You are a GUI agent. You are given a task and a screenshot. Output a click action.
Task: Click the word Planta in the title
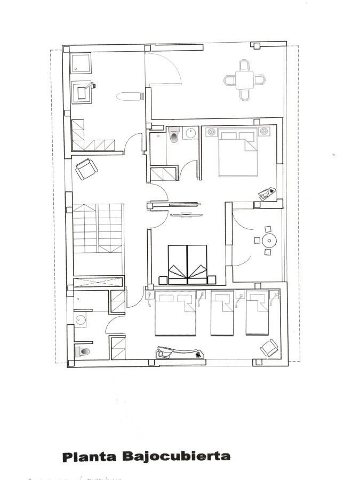(90, 457)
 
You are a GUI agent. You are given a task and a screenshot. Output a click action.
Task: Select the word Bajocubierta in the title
(177, 456)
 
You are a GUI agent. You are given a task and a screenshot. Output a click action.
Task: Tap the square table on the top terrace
(245, 80)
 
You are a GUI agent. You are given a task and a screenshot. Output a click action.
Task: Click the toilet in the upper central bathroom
(174, 135)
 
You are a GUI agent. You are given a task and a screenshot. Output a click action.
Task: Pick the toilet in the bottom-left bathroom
(82, 351)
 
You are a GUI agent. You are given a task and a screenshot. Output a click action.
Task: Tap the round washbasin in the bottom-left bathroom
(81, 320)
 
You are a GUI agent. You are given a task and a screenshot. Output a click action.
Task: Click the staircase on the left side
(98, 239)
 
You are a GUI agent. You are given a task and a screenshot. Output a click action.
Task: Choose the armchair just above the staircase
(86, 169)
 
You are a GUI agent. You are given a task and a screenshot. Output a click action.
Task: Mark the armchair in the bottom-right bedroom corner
(270, 348)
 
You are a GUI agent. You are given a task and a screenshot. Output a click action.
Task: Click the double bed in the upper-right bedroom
(238, 152)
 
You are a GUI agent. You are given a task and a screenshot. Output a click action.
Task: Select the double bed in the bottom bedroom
(175, 313)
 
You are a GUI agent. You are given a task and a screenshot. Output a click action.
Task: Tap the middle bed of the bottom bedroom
(222, 313)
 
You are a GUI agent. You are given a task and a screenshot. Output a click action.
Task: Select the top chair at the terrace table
(244, 65)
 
